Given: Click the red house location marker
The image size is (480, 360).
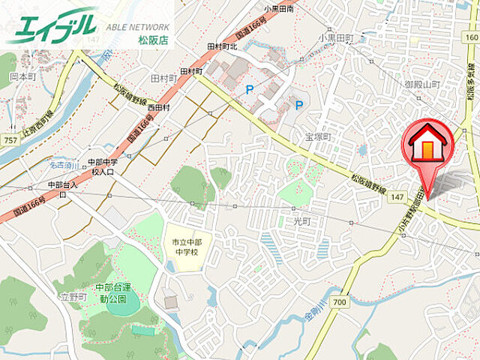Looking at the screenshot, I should [x=426, y=145].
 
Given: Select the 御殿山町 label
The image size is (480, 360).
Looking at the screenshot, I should [x=421, y=85].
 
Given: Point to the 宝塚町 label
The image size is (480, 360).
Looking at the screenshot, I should [x=317, y=137].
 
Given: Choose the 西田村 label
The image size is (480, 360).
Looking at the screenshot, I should [x=158, y=107].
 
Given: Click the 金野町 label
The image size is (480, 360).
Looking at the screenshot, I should [x=75, y=297].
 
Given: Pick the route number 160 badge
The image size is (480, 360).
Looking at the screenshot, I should [x=469, y=36].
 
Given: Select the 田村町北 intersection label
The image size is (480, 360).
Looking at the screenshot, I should [x=221, y=46].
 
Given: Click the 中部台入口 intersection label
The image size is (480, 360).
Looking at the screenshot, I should [x=63, y=184].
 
